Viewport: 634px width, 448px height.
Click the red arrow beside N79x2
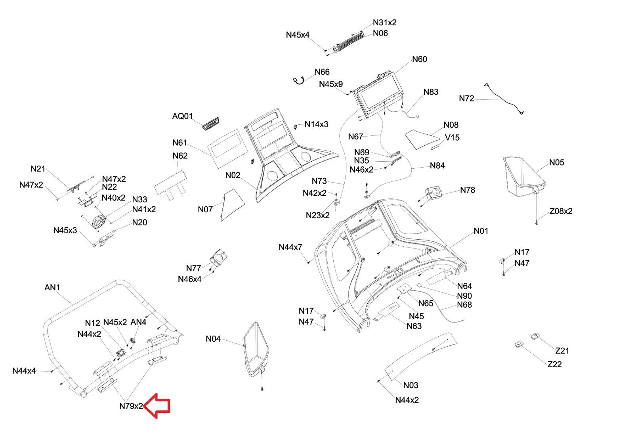point(157,406)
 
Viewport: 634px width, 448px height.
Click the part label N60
point(420,59)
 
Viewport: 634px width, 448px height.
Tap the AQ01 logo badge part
point(210,124)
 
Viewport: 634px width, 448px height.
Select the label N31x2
point(384,22)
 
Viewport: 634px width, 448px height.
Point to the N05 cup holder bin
point(524,177)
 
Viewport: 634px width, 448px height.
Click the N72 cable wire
point(504,99)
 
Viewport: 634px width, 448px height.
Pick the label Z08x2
point(561,211)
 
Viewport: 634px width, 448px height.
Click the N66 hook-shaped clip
point(299,81)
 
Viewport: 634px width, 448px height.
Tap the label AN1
point(52,287)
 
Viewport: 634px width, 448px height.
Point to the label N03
point(411,385)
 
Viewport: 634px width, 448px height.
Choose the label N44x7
point(290,247)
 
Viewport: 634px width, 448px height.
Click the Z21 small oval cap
point(535,336)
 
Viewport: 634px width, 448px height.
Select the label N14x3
point(317,124)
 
